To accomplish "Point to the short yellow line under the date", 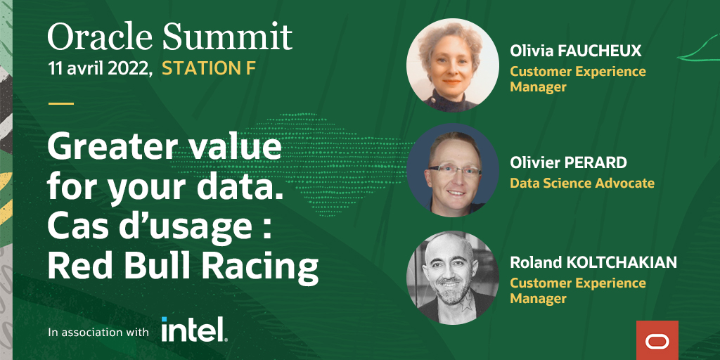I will tap(60, 103).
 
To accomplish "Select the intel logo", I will tap(193, 329).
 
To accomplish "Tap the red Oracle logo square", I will tap(657, 340).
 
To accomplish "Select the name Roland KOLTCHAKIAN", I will tap(593, 262).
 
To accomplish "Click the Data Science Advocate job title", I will tap(582, 184).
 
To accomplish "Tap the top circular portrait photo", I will tap(452, 65).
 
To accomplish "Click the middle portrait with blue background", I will tap(452, 171).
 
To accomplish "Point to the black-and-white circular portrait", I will tap(452, 277).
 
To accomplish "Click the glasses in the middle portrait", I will tap(452, 169).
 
